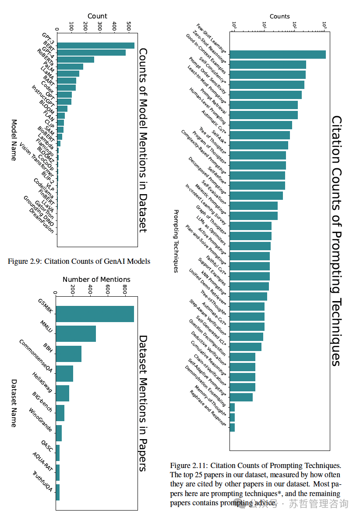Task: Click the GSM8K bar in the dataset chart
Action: (95, 314)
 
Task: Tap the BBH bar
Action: (68, 354)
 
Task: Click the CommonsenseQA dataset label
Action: (36, 356)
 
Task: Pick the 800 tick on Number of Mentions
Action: (124, 290)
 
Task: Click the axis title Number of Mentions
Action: (96, 279)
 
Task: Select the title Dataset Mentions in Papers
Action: (143, 403)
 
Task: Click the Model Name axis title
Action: (14, 140)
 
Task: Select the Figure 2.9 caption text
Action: (79, 261)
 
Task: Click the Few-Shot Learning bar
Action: (277, 54)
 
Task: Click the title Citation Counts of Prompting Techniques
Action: (336, 241)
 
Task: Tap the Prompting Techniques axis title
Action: (176, 241)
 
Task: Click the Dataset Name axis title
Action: (14, 403)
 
